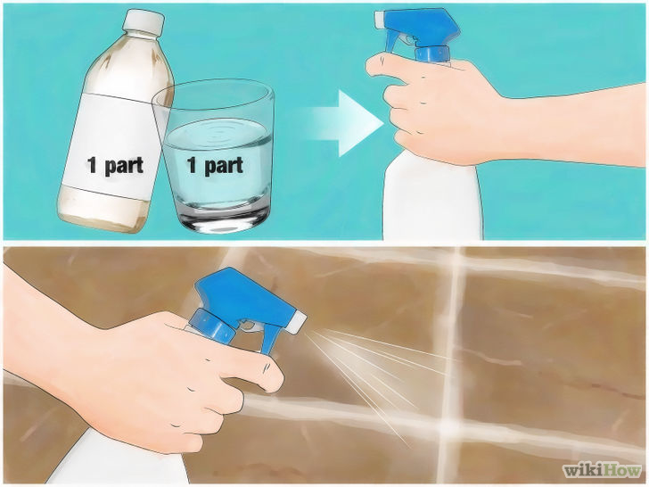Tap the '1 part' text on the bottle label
115,166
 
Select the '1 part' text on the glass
214,166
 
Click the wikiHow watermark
599,469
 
